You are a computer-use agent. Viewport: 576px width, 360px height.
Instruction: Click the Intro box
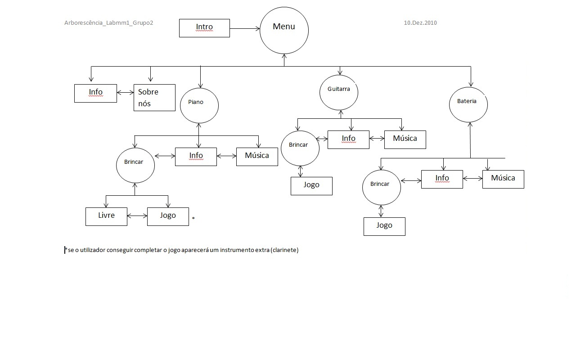coord(204,28)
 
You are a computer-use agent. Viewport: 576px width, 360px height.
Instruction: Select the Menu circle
coord(284,30)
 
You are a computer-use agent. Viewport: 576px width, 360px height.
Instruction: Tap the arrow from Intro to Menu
coord(245,29)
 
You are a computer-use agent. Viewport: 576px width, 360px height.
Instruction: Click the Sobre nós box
coord(154,98)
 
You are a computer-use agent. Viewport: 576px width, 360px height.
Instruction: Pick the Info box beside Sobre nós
coord(95,93)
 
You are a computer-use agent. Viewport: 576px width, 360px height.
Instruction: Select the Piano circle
coord(199,105)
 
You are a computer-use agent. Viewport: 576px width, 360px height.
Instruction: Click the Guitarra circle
coord(339,92)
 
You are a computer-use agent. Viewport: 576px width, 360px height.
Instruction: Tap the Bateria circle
coord(468,104)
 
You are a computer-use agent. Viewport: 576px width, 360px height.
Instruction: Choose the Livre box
coord(106,216)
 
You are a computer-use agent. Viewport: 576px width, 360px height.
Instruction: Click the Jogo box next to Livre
coord(168,216)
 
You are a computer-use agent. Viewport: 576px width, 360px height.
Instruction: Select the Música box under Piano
coord(257,157)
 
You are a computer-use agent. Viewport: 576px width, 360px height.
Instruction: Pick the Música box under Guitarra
coord(405,139)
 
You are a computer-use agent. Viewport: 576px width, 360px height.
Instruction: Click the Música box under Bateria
coord(503,179)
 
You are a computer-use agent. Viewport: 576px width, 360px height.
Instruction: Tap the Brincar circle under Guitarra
coord(300,148)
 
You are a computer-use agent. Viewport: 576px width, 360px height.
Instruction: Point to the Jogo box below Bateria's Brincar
coord(384,226)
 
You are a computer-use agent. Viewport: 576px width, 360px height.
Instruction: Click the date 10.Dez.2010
coord(420,23)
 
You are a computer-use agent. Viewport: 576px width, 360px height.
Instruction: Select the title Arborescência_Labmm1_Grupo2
coord(108,23)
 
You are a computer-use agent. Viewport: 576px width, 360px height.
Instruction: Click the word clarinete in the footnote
coord(285,250)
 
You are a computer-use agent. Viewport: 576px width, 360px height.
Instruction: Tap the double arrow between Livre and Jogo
coord(137,216)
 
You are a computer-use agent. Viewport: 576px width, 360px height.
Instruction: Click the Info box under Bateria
coord(442,179)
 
